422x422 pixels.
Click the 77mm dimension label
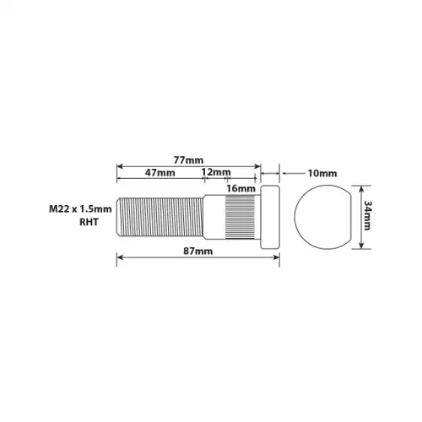click(188, 160)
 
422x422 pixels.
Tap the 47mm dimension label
click(160, 172)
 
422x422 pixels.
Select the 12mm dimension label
click(216, 172)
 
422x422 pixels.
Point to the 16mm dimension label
click(241, 188)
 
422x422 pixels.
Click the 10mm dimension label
click(322, 173)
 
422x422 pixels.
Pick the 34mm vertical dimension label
click(367, 215)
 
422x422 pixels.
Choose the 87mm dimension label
click(198, 251)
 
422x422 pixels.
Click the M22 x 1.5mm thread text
click(80, 209)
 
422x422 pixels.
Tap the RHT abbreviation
click(89, 222)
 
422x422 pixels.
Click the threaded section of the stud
click(160, 217)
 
